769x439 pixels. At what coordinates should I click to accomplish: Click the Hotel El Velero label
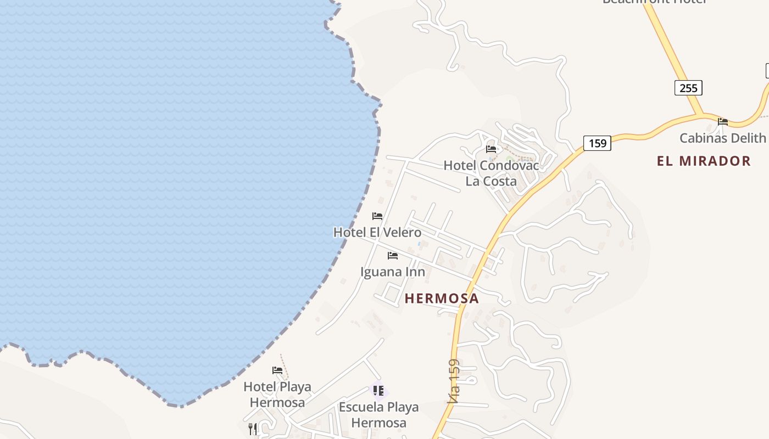click(x=377, y=232)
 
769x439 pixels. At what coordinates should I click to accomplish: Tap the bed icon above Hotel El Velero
click(x=377, y=216)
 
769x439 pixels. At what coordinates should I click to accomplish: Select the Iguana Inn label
click(x=392, y=272)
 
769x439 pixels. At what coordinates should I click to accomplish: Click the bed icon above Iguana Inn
click(x=392, y=256)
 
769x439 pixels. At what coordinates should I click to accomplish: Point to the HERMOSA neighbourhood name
click(x=442, y=299)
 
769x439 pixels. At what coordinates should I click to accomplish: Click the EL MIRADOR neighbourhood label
click(x=704, y=161)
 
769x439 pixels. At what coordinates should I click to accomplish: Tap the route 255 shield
click(x=688, y=88)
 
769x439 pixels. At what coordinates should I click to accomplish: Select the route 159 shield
click(x=597, y=144)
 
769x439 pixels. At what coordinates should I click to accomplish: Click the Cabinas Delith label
click(x=722, y=138)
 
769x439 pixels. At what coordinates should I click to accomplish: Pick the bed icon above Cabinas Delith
click(x=723, y=122)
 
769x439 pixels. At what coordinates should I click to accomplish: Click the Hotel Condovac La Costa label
click(x=491, y=173)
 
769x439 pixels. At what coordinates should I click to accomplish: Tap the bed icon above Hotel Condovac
click(x=491, y=149)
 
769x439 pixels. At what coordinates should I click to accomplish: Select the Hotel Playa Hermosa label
click(x=277, y=394)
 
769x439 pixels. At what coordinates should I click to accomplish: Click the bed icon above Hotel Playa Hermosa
click(x=277, y=370)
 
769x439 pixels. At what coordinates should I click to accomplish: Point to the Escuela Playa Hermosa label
click(x=378, y=414)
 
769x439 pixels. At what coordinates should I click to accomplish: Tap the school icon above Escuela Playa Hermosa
click(x=378, y=391)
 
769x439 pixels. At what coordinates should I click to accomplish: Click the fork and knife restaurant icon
click(x=253, y=429)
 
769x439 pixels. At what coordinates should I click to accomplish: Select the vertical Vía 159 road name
click(x=453, y=381)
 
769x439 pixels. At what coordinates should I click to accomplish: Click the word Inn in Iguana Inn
click(x=415, y=272)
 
